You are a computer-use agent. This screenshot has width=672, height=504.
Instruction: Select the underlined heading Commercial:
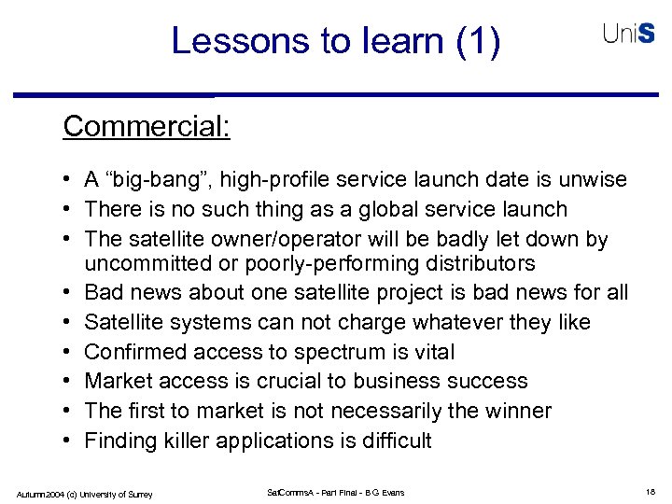pos(147,125)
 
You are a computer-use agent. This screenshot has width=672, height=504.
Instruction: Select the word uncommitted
pos(148,264)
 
